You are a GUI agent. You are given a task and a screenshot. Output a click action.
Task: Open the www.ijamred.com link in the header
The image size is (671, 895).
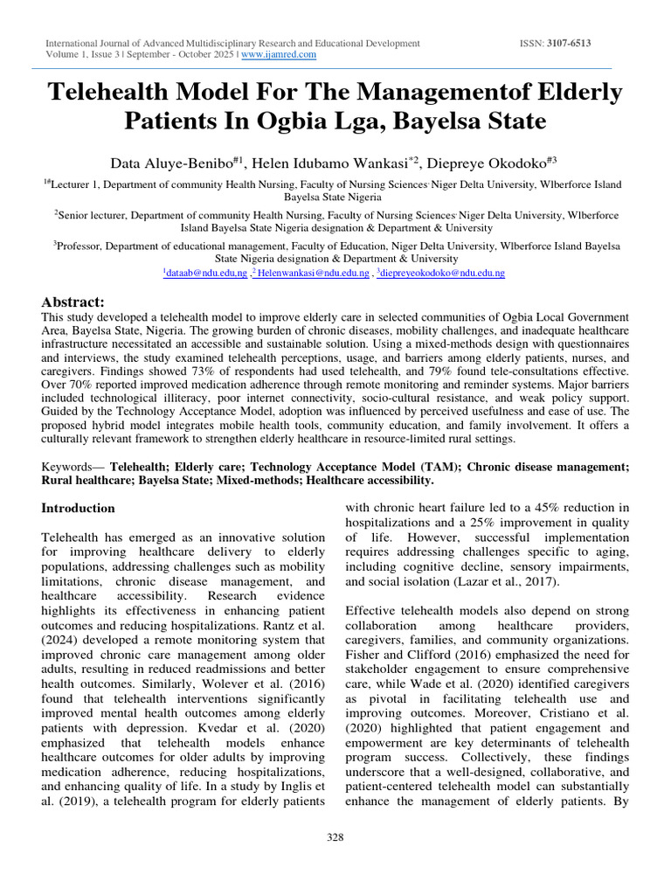279,54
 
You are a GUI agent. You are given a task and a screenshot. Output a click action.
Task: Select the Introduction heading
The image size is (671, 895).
79,508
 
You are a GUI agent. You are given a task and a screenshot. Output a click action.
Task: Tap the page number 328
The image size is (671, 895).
335,837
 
